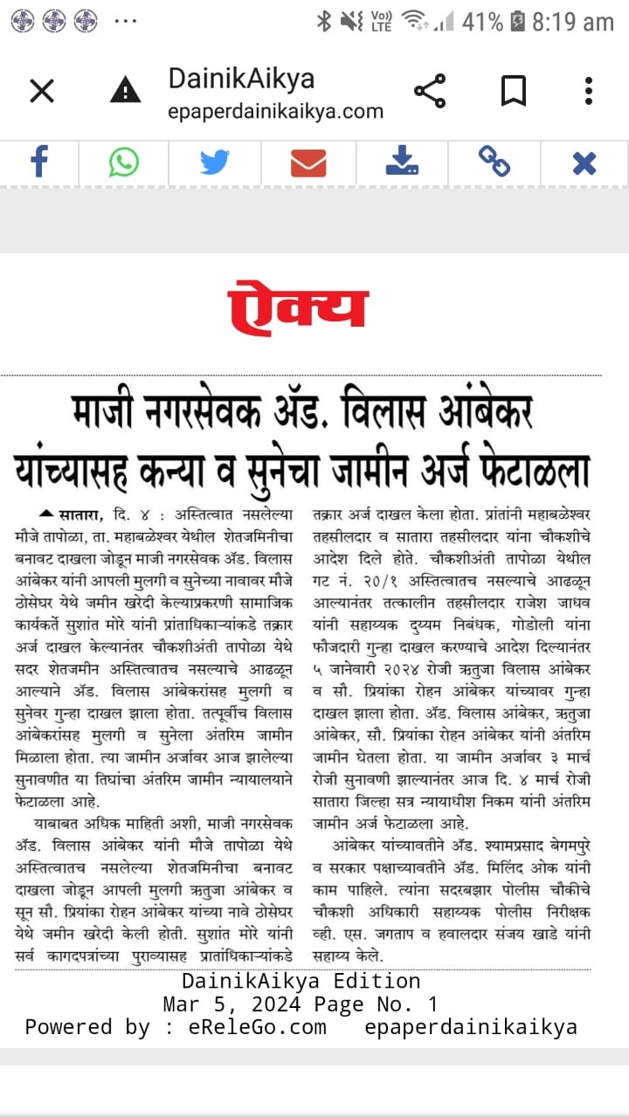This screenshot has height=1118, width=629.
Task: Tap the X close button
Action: pos(41,91)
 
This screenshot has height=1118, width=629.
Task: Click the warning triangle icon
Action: pos(126,90)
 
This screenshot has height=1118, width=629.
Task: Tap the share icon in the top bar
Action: pos(429,91)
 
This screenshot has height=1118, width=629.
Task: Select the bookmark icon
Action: pos(513,91)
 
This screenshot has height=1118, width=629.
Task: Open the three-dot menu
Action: pos(589,91)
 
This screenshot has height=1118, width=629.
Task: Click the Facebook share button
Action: pos(39,162)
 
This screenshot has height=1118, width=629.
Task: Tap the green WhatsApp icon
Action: pos(124,162)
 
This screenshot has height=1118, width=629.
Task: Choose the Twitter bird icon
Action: pos(214,162)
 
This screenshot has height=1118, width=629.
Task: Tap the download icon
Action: pos(402,162)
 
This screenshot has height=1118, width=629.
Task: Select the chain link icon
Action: pos(494,162)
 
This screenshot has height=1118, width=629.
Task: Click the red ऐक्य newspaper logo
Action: pos(298,307)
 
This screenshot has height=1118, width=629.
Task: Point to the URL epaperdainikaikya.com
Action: pos(275,112)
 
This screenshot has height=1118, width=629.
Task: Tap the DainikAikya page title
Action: pos(241,79)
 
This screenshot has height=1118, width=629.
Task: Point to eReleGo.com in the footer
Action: pos(257,1027)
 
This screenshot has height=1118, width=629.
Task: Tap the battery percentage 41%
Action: pos(482,22)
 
